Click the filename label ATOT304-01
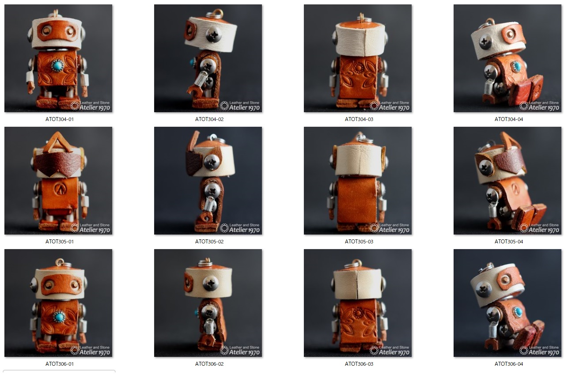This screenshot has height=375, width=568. [x=60, y=119]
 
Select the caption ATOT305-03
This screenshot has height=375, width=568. [x=359, y=242]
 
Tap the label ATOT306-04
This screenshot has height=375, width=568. [x=509, y=364]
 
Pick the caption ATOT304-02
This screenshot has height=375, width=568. [x=209, y=119]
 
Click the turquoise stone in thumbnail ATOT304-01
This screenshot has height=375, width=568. [x=57, y=65]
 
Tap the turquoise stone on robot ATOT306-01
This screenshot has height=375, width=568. [x=59, y=317]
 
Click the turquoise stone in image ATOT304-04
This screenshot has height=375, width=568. [x=516, y=66]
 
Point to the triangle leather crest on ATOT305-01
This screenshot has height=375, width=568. [x=58, y=143]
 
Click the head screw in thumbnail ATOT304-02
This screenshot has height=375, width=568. [x=214, y=35]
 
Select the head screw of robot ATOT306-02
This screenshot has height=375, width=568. [x=211, y=283]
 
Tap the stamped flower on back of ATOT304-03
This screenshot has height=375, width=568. [x=359, y=68]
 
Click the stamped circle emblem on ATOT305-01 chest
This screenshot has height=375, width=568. [x=60, y=189]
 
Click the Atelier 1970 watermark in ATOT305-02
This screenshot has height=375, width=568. [x=244, y=230]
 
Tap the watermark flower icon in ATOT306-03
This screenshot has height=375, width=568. [x=374, y=350]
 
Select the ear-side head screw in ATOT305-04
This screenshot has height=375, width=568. [x=485, y=167]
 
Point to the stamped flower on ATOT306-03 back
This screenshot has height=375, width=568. [x=359, y=313]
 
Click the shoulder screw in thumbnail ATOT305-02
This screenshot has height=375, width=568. [x=212, y=191]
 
